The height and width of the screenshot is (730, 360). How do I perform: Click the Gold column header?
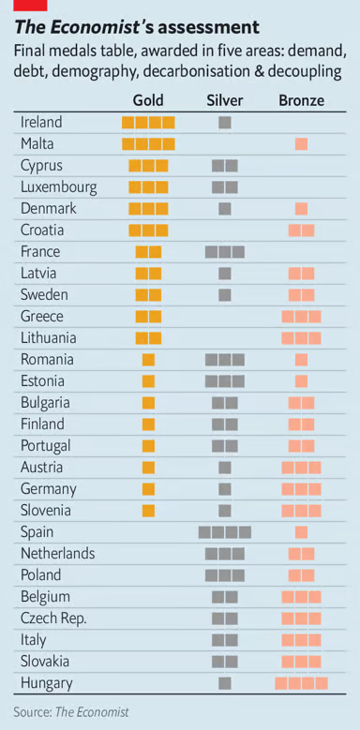click(x=148, y=99)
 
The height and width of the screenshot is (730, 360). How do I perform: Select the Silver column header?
click(x=224, y=99)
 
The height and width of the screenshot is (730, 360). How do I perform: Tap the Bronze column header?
click(x=301, y=99)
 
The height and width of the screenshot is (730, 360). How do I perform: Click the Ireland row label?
click(x=41, y=122)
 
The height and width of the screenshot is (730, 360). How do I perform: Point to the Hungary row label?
click(x=47, y=683)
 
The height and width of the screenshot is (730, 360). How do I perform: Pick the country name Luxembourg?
click(x=58, y=186)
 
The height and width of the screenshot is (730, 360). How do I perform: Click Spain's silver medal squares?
click(x=224, y=532)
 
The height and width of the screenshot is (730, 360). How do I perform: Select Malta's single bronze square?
click(x=301, y=143)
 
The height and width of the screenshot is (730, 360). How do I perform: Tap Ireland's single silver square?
click(x=224, y=122)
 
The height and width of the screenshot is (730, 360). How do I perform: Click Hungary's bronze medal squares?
click(x=301, y=683)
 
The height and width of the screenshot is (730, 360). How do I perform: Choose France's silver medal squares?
click(x=224, y=251)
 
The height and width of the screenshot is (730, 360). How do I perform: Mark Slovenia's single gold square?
click(x=148, y=511)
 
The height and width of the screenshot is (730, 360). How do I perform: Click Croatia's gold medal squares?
click(x=148, y=230)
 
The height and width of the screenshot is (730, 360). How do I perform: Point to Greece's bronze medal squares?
click(x=301, y=316)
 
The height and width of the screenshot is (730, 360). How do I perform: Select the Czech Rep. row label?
click(x=53, y=618)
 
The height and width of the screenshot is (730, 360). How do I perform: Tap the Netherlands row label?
click(x=57, y=553)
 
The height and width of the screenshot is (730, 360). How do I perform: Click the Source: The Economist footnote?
click(x=70, y=711)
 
